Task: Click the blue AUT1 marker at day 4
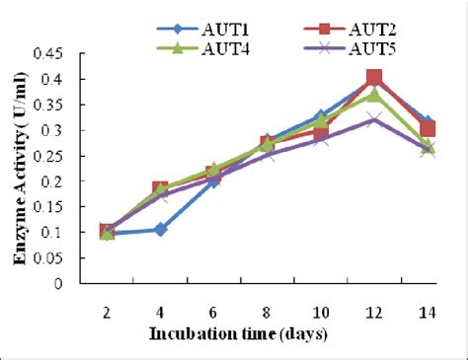point(160,229)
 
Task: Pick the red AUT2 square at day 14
point(428,129)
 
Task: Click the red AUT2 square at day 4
point(160,189)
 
